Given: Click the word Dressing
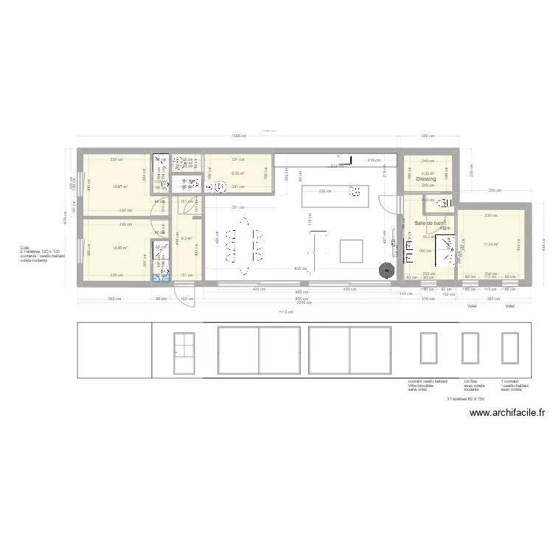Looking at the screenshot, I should click(425, 179).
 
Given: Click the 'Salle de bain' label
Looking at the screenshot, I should click(429, 223).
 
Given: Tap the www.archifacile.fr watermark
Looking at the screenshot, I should click(508, 414).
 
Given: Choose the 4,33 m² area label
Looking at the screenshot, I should click(427, 173).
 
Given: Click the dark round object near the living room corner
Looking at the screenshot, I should click(385, 270).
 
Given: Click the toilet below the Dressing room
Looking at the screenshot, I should click(444, 206).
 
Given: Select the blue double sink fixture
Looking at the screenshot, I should click(160, 278).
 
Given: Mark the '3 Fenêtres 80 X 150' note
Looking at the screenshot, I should click(465, 399).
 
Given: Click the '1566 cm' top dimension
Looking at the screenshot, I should click(237, 136).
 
